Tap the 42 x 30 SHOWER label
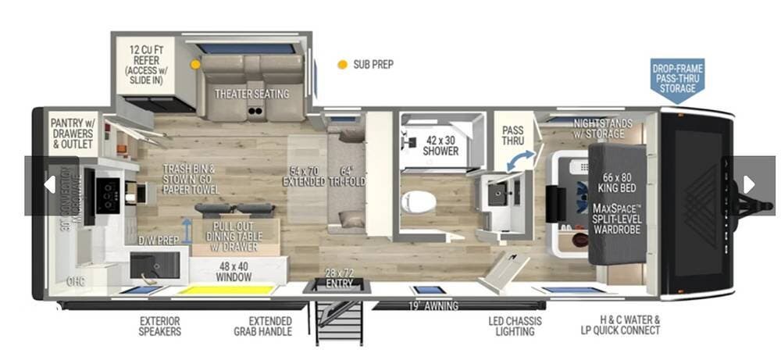click(x=440, y=145)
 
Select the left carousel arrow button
click(x=48, y=185)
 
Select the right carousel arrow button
click(x=749, y=184)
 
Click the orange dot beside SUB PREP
click(x=342, y=65)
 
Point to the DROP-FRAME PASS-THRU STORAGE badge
click(x=677, y=78)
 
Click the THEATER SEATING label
click(x=251, y=94)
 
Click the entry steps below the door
click(x=341, y=320)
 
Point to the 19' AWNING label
click(x=433, y=305)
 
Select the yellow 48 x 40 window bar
click(x=226, y=290)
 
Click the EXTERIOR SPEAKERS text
click(x=160, y=326)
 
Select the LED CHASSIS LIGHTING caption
click(x=515, y=326)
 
